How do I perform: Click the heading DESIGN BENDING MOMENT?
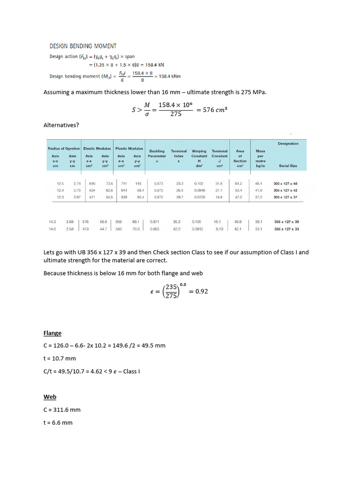tap(83, 46)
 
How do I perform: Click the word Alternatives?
tap(61, 125)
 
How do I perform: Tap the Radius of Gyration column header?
tap(64, 148)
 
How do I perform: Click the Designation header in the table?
tap(288, 143)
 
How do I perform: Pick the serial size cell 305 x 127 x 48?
tap(285, 183)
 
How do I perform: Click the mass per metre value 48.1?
tap(259, 183)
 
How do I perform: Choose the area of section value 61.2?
tap(239, 183)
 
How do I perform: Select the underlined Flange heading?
tap(52, 333)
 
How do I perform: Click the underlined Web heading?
tap(50, 397)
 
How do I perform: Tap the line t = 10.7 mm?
tap(60, 359)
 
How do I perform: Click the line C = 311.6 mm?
tap(62, 410)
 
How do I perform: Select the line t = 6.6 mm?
tap(58, 422)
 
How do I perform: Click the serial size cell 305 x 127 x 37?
tap(285, 197)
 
